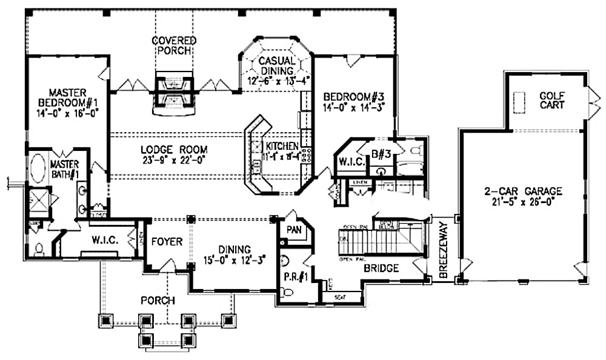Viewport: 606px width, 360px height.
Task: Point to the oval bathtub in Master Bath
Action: [37, 169]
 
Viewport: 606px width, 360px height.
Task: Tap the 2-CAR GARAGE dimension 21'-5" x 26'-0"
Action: [523, 202]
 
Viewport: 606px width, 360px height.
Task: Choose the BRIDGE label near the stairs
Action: [381, 268]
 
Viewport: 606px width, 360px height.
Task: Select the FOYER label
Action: [167, 241]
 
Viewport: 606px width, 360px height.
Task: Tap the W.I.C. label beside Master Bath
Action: [104, 241]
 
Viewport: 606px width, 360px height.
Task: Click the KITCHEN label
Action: [282, 147]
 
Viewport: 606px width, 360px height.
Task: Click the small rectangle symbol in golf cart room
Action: [519, 101]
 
